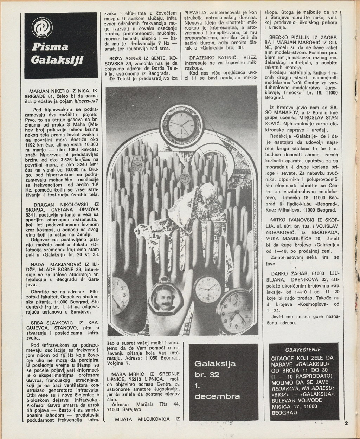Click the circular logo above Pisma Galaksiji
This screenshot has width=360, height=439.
point(42,27)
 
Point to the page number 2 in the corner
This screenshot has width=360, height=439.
point(346,423)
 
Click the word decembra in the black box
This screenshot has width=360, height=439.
point(217,396)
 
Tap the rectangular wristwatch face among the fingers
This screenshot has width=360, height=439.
point(137,165)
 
